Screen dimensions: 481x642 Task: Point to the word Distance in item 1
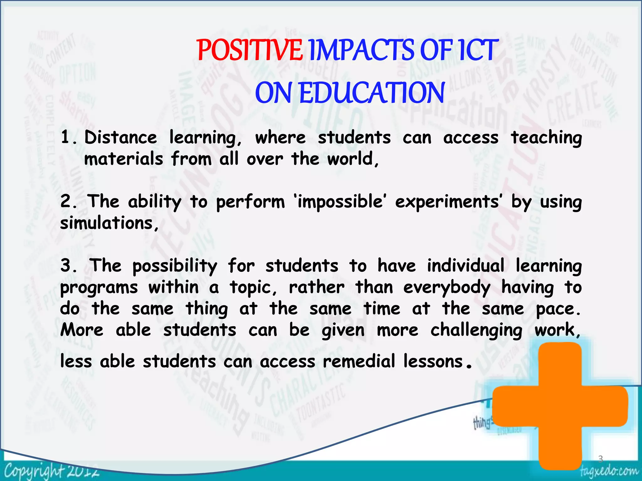coord(121,137)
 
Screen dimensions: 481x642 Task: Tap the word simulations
coord(107,223)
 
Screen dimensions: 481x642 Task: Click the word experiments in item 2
coord(447,201)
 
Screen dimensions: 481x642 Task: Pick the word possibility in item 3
coord(175,266)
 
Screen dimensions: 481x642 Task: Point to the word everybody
coord(447,287)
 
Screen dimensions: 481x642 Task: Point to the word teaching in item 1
coord(546,138)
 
